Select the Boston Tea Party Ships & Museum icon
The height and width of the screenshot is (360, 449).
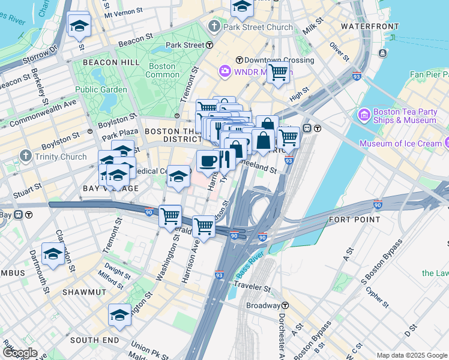click(x=364, y=114)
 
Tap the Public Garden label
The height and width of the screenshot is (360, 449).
click(x=101, y=89)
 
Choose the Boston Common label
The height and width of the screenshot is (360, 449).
click(x=163, y=70)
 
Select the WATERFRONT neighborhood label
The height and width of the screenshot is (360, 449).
click(x=369, y=26)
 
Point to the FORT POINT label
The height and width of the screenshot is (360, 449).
click(x=354, y=220)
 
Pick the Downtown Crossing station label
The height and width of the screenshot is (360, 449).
click(x=275, y=60)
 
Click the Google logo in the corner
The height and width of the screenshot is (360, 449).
click(x=19, y=353)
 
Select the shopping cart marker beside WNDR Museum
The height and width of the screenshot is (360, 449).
click(x=278, y=72)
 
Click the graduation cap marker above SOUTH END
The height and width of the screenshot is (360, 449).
click(x=119, y=314)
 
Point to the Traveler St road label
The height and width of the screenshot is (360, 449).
click(x=253, y=285)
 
